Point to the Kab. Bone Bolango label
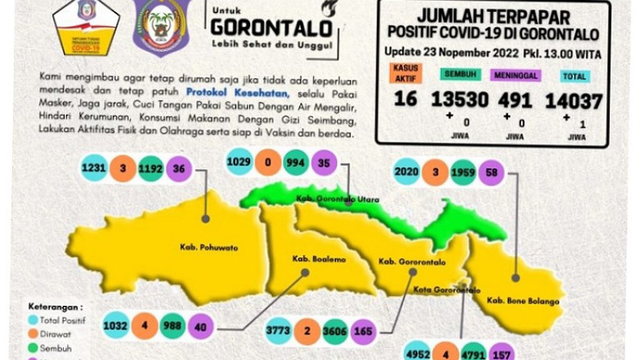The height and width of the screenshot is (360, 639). tap(523, 301)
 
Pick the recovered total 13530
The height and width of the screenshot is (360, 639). tap(459, 100)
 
